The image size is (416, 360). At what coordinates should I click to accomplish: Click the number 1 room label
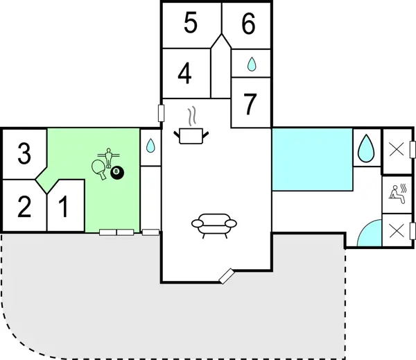[63, 207]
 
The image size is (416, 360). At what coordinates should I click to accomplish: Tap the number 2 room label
[24, 207]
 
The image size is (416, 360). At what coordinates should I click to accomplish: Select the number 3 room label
[24, 153]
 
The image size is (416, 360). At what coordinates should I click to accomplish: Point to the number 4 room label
[184, 74]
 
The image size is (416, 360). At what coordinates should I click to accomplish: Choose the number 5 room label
[191, 24]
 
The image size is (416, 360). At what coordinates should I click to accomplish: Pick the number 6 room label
[248, 24]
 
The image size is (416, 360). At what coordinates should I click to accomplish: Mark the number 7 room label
[250, 104]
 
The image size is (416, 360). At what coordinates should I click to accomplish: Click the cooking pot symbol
[191, 135]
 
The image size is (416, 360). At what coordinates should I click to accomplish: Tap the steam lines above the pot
[194, 114]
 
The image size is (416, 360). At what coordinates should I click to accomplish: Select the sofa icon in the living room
[214, 225]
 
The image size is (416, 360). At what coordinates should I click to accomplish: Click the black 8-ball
[116, 172]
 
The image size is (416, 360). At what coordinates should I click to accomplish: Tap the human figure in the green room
[108, 156]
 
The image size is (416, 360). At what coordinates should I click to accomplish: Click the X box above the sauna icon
[397, 149]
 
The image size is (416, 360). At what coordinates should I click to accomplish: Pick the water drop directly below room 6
[251, 65]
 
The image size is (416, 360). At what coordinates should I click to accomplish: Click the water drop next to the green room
[150, 146]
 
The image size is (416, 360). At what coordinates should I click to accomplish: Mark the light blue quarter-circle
[370, 236]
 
